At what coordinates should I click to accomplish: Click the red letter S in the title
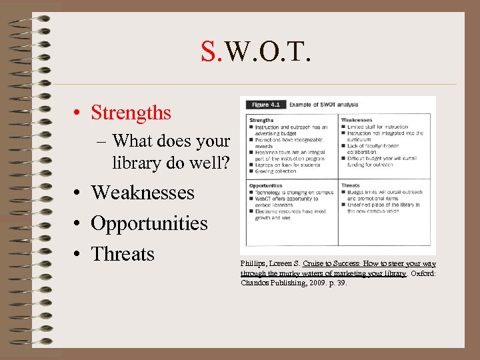pos(209,50)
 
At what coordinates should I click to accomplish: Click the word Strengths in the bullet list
pos(131,113)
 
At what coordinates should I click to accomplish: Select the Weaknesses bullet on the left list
pos(142,193)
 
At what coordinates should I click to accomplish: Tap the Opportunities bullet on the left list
pos(149,223)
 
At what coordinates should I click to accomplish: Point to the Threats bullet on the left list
pos(122,254)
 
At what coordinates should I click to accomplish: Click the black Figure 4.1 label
pos(265,105)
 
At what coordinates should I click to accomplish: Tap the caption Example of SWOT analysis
pos(323,105)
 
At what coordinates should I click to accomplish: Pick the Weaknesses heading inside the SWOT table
pos(357,120)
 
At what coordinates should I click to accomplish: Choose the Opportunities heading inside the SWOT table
pos(265,185)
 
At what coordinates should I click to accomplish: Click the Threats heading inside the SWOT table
pos(351,185)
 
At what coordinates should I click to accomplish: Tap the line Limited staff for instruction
pos(380,127)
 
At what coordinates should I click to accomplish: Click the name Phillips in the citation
pos(253,264)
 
